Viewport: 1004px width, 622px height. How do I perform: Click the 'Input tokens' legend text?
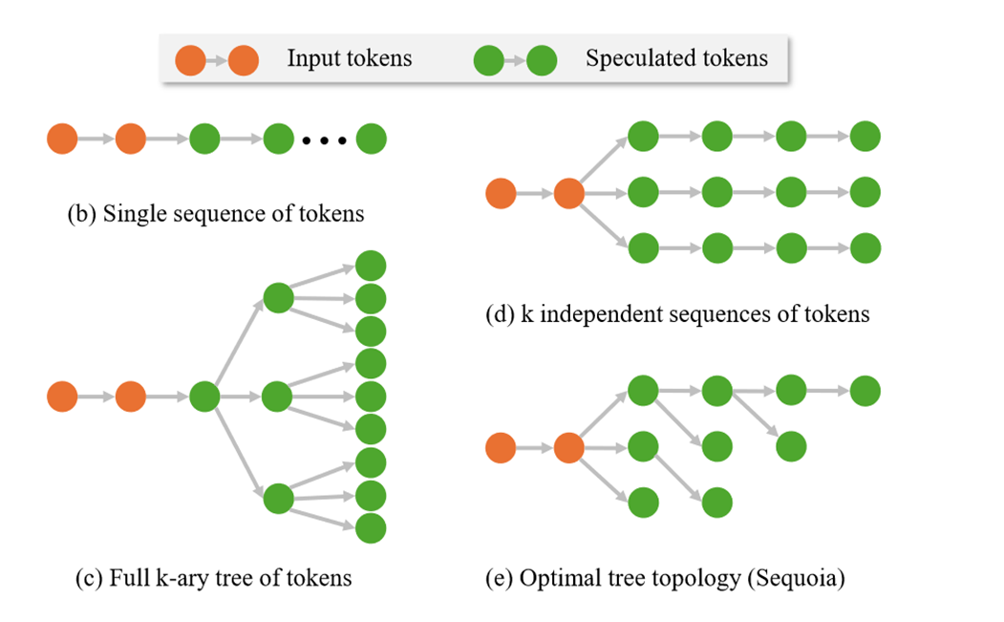click(349, 58)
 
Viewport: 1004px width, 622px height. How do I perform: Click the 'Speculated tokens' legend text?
click(676, 58)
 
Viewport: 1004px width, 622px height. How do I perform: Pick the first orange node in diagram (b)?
click(62, 139)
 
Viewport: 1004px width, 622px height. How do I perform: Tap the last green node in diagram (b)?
click(372, 139)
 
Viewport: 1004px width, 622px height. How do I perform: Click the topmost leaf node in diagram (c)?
click(371, 266)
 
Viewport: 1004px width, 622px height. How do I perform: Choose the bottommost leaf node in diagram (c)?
click(371, 527)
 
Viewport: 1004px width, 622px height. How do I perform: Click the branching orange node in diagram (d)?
click(568, 193)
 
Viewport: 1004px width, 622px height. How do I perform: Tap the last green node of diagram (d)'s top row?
click(865, 137)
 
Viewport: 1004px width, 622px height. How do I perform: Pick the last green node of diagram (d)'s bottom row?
click(865, 248)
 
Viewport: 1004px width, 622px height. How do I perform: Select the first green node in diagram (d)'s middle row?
click(643, 193)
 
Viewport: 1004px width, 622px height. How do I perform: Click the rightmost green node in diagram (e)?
click(865, 390)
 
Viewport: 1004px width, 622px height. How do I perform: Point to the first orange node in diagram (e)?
click(501, 446)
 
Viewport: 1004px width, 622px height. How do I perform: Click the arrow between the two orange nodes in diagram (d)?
click(535, 193)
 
